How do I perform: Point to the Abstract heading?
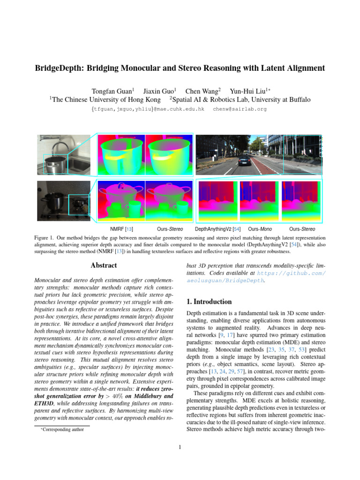tap(104, 266)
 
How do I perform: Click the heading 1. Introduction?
tap(209, 302)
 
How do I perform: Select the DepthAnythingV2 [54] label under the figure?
tap(217, 229)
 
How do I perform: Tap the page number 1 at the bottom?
tap(180, 447)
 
